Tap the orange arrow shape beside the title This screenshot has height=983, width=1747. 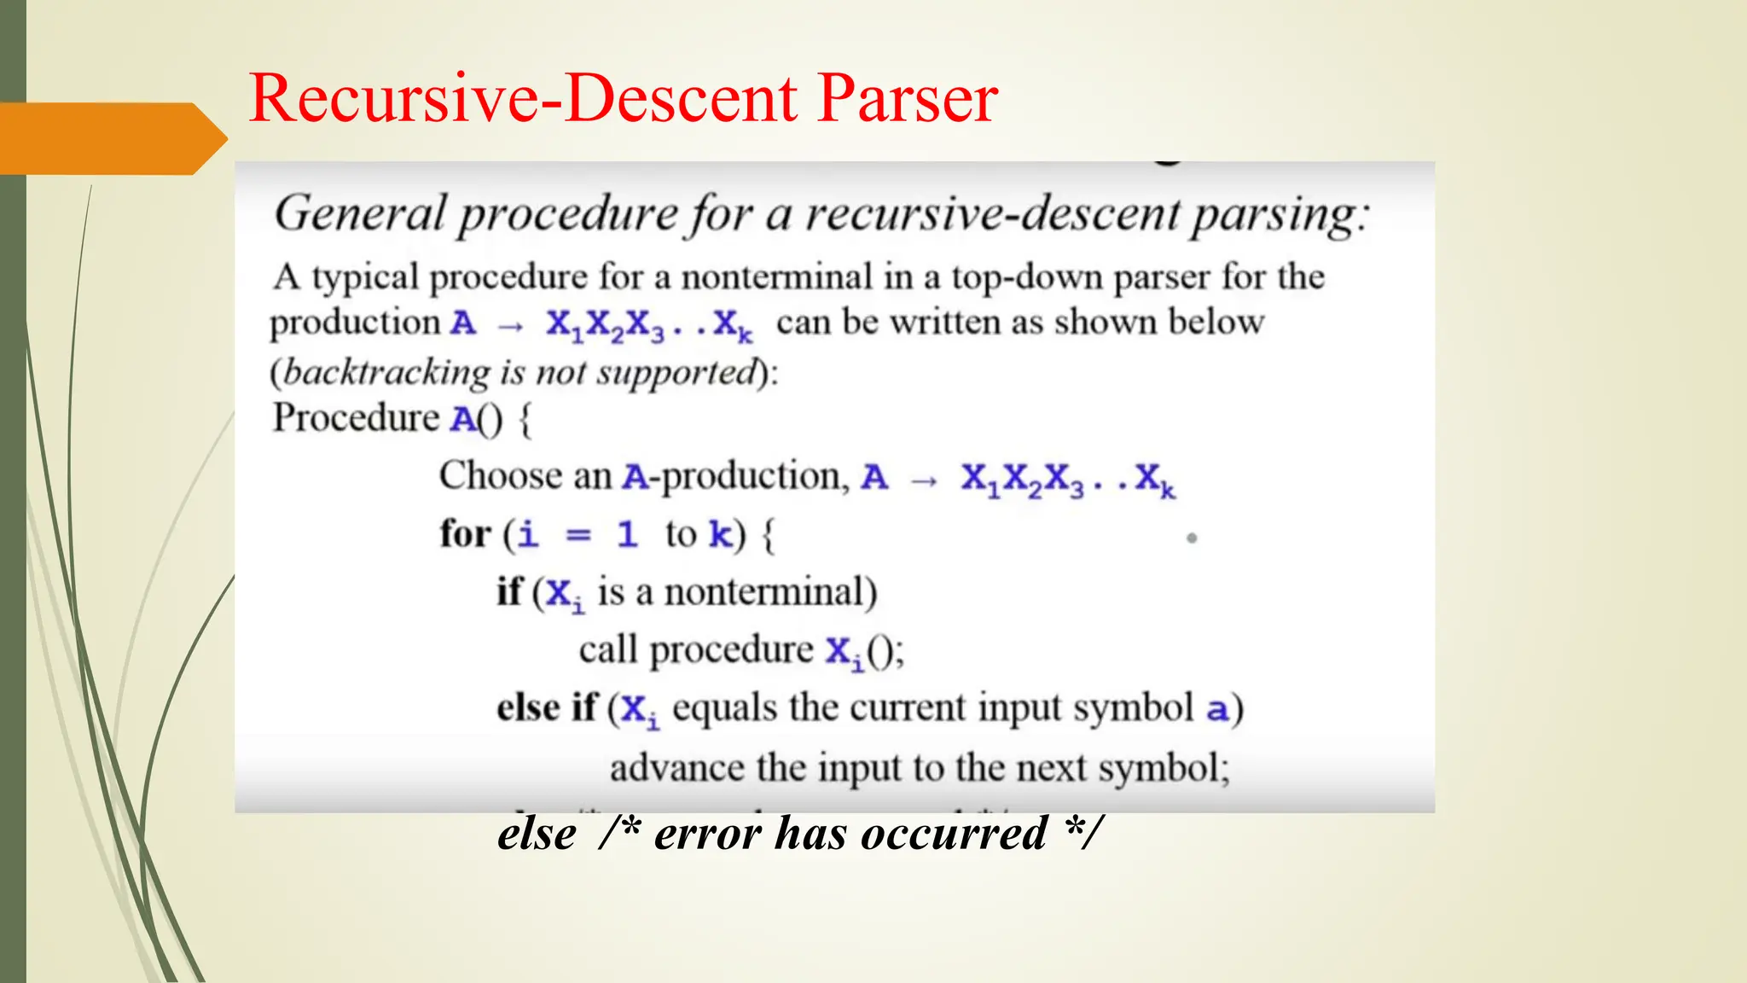111,138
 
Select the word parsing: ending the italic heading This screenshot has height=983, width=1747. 1280,215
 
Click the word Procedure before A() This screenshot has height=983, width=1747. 356,418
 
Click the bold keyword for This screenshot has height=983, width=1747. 465,534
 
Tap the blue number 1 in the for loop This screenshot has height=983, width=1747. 627,534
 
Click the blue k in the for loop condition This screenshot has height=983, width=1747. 721,534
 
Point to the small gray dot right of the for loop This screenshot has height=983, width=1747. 1192,538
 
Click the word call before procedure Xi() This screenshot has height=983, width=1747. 608,650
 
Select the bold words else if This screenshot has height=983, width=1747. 547,708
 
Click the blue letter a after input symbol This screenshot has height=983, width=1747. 1217,709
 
